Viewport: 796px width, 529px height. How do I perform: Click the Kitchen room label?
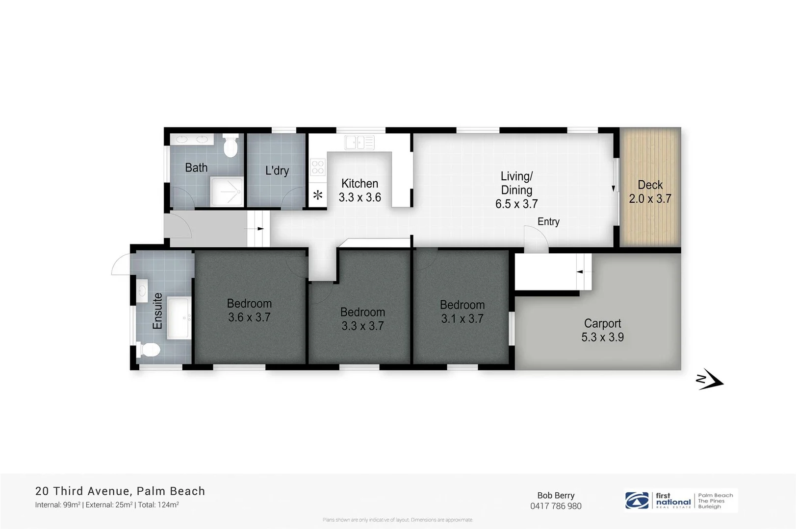coord(359,184)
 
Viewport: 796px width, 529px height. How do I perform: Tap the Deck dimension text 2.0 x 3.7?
coord(650,199)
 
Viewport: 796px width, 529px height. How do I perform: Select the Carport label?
coord(602,323)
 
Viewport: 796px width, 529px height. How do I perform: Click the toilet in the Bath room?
coord(230,146)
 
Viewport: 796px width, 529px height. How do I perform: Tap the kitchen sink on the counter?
coord(359,143)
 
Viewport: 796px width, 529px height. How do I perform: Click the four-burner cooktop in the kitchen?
coord(318,167)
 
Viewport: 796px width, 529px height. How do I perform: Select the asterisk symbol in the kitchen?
coord(318,195)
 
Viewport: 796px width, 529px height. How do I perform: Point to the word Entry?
coord(548,222)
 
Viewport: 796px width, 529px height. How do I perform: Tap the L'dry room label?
coord(277,171)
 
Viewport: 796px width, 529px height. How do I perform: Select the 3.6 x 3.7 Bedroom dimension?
coord(249,317)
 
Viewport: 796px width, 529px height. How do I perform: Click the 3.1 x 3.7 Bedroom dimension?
coord(462,319)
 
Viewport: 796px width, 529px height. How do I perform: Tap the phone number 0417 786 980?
coord(556,506)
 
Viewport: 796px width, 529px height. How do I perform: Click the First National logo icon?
coord(637,501)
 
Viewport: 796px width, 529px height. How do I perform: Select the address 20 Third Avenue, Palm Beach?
coord(120,491)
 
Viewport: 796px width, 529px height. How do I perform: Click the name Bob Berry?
coord(556,495)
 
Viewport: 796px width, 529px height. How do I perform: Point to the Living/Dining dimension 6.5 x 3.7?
coord(516,204)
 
